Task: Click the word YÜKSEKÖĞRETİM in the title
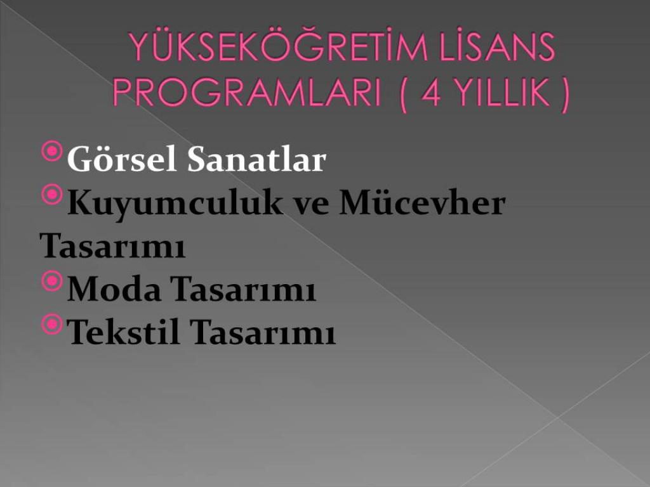pos(278,46)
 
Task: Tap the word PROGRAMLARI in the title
pos(246,93)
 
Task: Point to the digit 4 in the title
pos(431,93)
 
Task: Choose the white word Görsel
pos(122,159)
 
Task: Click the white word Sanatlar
pos(256,159)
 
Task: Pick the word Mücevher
pos(422,202)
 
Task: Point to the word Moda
pos(114,289)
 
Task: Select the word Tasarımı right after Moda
pos(243,289)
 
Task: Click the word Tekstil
pos(123,331)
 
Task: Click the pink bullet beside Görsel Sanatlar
pos(52,151)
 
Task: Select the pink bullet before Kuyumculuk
pos(52,194)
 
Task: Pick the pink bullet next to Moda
pos(52,281)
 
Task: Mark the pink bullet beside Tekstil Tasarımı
pos(52,324)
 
